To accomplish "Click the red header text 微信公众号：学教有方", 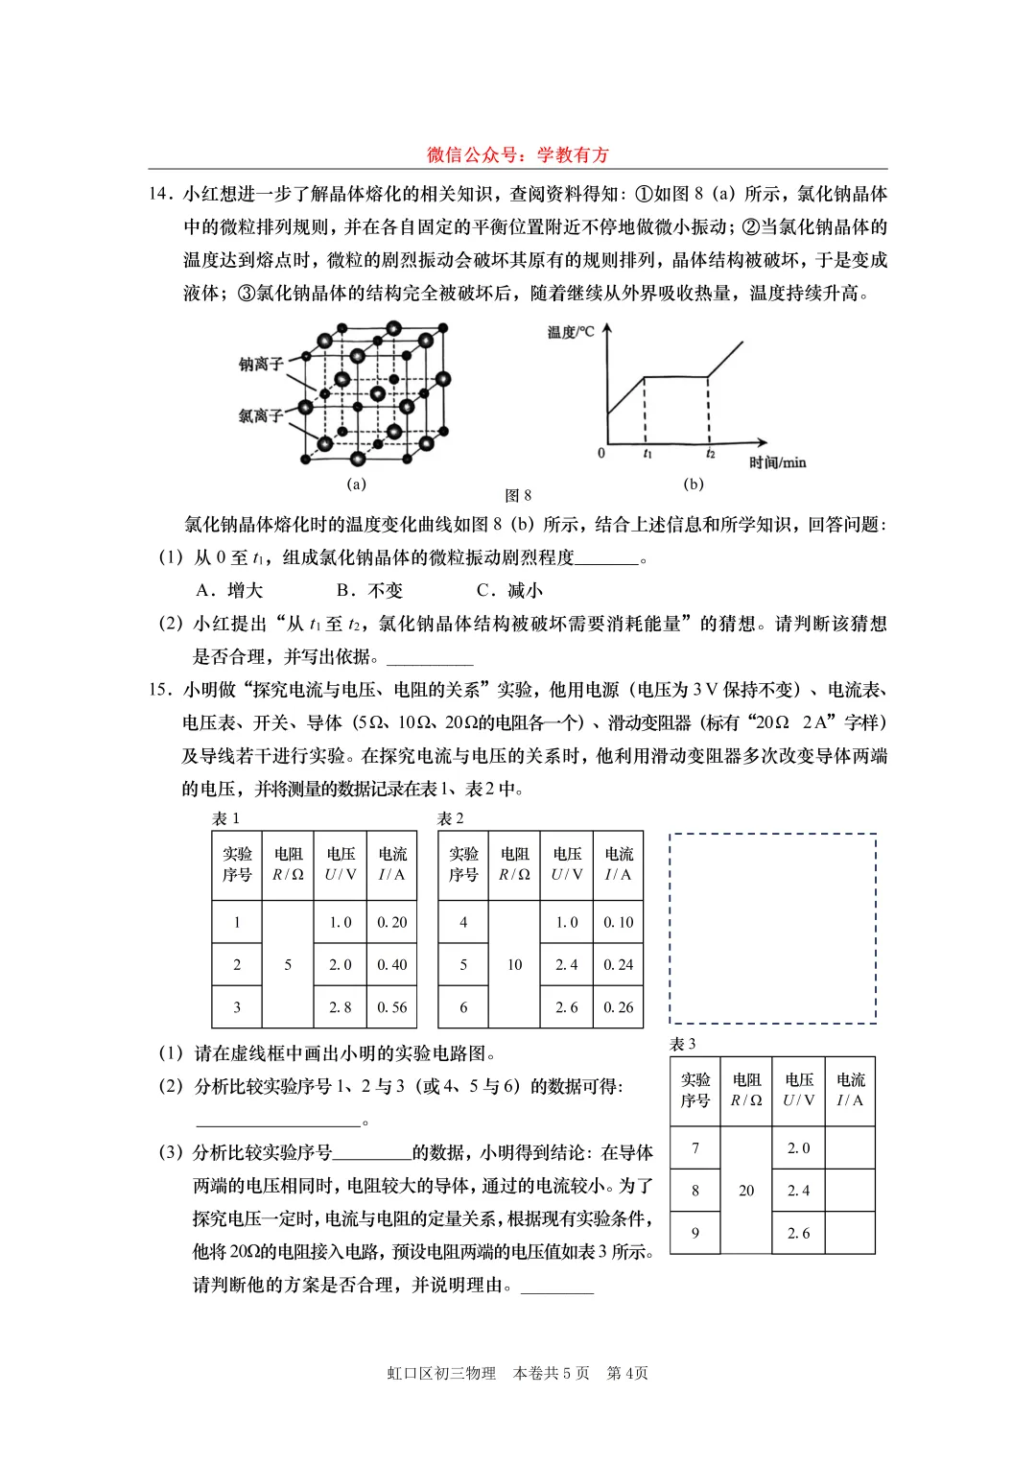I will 518,154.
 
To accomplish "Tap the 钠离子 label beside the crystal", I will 261,364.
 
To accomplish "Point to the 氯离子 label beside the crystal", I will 261,415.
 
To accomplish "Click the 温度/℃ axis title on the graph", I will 571,332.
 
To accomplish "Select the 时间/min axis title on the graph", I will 777,462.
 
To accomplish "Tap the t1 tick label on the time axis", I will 647,454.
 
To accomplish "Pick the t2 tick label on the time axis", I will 710,454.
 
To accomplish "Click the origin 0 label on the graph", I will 601,453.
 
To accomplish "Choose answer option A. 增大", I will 229,590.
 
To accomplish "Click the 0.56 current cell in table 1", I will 391,1007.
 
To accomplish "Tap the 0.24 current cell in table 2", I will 618,965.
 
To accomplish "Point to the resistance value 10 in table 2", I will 514,965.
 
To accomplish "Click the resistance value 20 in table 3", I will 746,1191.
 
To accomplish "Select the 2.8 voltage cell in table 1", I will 341,1007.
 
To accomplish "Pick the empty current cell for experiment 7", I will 850,1147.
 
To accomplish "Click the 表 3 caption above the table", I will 683,1044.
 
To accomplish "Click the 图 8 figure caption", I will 518,496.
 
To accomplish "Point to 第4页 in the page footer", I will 627,1373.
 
